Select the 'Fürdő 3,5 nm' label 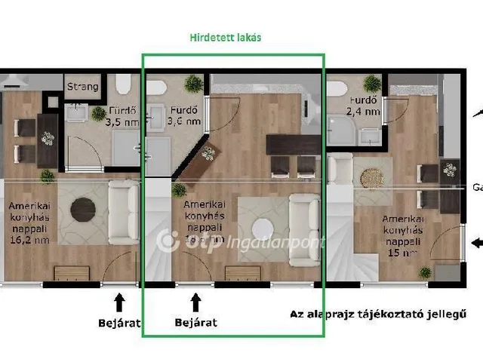point(120,115)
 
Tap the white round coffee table point(263,228)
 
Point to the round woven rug point(372,177)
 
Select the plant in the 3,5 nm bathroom point(98,114)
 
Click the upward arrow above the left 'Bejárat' point(118,302)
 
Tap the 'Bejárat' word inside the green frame point(195,322)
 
